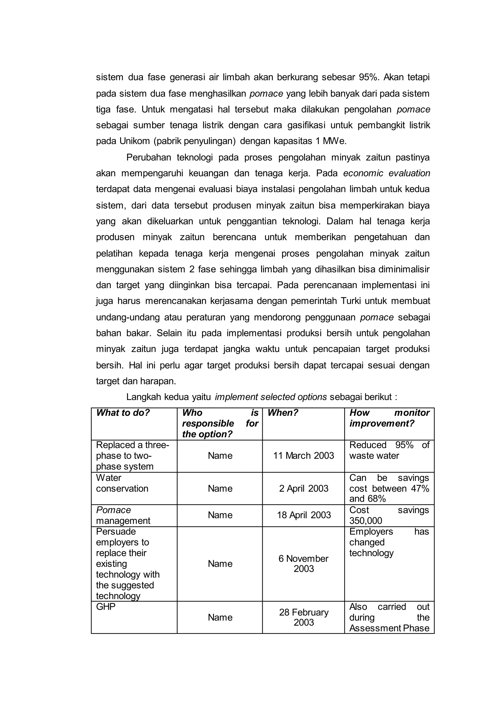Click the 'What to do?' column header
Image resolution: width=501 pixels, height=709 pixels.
123,413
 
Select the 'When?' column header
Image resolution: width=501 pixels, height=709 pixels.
283,413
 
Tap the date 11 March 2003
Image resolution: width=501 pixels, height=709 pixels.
303,455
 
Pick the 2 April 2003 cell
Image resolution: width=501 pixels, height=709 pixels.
303,488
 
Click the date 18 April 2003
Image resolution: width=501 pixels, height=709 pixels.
303,515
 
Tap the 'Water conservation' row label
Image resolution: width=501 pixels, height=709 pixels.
122,483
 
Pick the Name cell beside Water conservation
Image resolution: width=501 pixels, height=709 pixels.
220,488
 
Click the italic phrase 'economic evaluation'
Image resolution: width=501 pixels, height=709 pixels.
387,173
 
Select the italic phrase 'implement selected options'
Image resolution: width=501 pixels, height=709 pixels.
271,397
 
